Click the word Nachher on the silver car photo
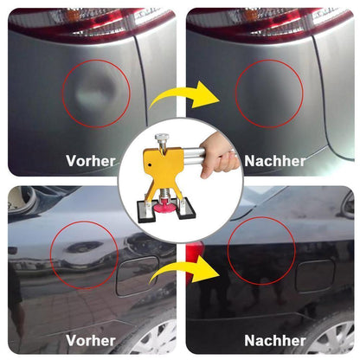tap(275, 160)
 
